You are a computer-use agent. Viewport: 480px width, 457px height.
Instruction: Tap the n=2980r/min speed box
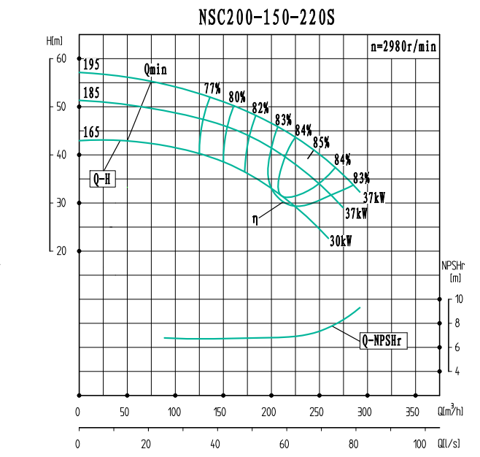tap(403, 46)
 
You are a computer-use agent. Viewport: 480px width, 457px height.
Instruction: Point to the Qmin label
tap(156, 70)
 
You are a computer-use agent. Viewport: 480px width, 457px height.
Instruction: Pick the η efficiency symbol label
tap(256, 217)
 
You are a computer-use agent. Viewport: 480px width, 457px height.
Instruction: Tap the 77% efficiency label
tap(212, 89)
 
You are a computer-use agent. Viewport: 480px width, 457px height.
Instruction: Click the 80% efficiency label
tap(236, 96)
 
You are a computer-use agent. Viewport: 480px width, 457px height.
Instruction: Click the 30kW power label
tap(340, 241)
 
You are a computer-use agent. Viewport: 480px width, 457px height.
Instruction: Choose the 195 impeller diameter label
tap(91, 65)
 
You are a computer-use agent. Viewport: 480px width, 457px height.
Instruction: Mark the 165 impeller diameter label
tap(91, 132)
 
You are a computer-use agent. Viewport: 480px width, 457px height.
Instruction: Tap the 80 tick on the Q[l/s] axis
tap(355, 443)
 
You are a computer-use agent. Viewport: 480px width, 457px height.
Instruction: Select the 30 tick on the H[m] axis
tap(61, 202)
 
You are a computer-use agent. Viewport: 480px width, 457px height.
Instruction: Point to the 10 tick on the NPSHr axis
tap(458, 299)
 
